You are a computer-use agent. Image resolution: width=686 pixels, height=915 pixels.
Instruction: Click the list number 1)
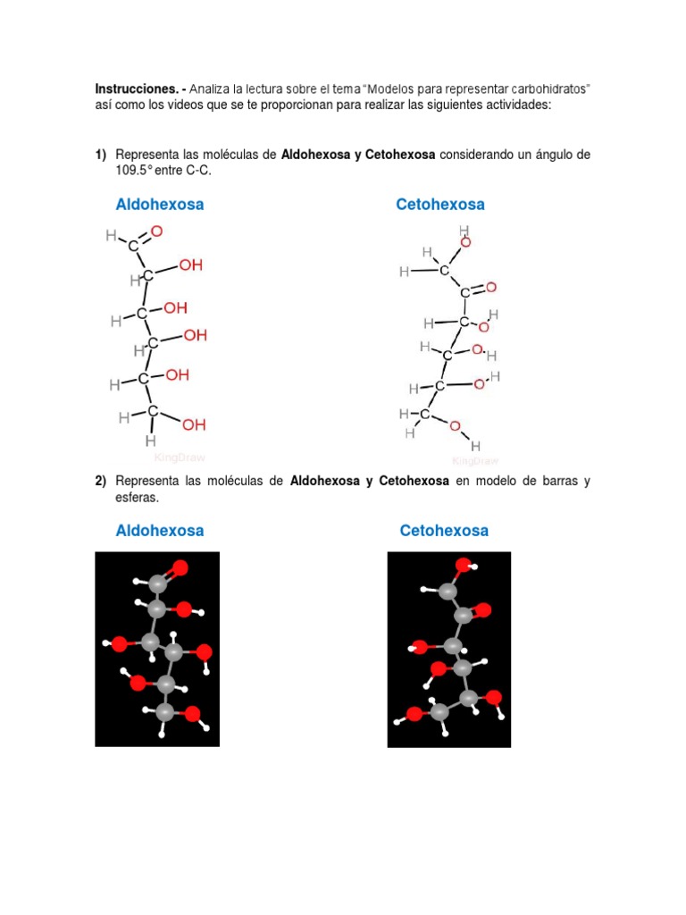pos(101,155)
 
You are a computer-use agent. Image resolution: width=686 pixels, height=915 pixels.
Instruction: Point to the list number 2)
pos(101,481)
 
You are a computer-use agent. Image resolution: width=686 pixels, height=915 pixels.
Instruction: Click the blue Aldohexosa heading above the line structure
pos(160,205)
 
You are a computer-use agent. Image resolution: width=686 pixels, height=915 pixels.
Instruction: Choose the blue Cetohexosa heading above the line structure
pos(440,205)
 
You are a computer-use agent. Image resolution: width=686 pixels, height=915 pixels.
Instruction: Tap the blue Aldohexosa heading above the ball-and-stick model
pos(160,531)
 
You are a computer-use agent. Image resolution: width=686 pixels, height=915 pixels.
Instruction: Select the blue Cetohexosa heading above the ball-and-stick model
pos(444,531)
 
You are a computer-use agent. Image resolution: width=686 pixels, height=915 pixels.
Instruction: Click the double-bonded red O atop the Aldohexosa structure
pos(156,231)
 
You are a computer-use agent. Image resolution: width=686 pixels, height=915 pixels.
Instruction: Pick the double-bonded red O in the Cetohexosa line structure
pos(490,288)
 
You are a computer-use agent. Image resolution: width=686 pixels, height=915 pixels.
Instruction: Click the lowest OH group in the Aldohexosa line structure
pos(194,424)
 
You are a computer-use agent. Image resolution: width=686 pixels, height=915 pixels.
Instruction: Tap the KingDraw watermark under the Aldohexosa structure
pos(180,457)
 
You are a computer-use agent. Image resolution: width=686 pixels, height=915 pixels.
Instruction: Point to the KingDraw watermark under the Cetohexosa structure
pos(475,461)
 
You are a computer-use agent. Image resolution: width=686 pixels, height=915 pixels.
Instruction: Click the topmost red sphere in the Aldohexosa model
pos(180,567)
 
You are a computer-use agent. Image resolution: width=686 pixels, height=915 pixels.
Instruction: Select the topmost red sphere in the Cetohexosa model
pos(463,566)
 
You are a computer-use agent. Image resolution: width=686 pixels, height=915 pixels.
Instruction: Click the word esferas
pos(137,497)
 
